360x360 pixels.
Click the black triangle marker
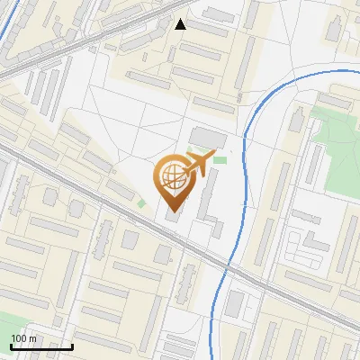pos(181,24)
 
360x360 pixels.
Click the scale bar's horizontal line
pos(41,346)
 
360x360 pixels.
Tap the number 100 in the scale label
pos(19,338)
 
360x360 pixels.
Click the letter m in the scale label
pos(32,338)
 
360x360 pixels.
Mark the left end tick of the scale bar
pos(11,345)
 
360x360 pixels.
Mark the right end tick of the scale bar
pos(72,345)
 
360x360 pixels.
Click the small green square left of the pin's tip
pos(141,202)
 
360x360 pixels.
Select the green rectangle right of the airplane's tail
pos(220,159)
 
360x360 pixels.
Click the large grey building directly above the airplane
pos(208,138)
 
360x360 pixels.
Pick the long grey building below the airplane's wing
pos(206,205)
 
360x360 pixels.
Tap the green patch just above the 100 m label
pos(7,324)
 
